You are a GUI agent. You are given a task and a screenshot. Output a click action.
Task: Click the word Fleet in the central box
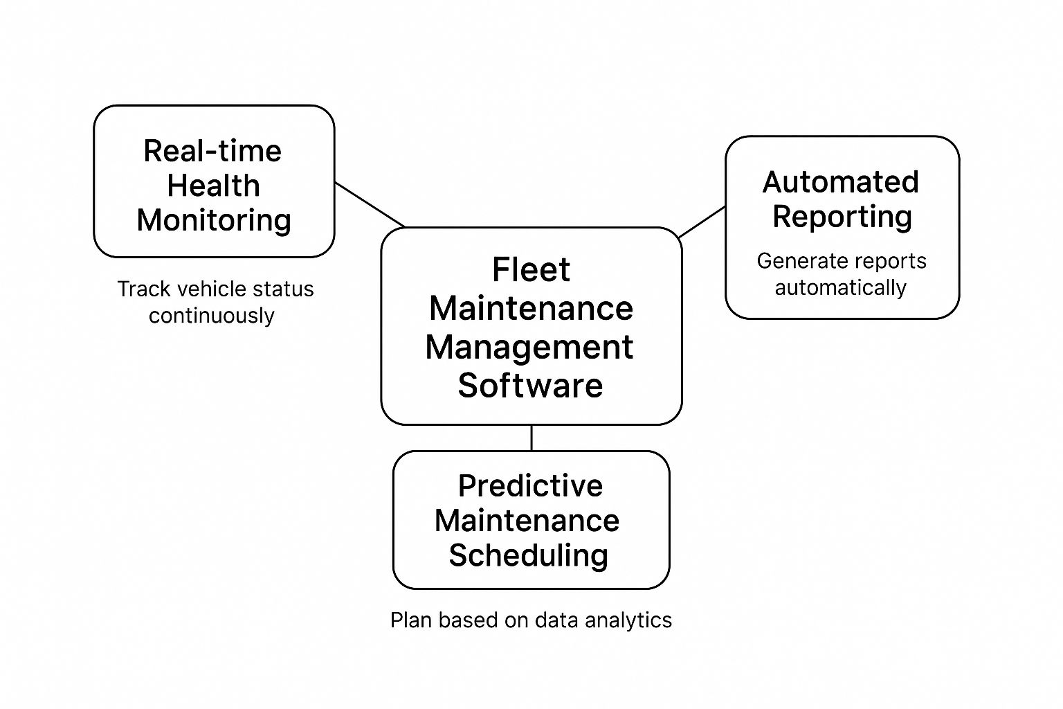point(531,269)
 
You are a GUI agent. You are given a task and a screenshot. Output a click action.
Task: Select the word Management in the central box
point(529,347)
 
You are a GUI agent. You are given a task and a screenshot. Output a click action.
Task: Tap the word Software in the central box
point(530,385)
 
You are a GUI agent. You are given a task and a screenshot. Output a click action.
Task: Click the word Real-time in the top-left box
point(212,151)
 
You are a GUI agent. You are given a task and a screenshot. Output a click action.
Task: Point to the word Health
point(213,186)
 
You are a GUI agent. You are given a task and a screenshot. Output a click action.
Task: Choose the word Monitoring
point(214,220)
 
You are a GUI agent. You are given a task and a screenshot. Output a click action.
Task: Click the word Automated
point(841,182)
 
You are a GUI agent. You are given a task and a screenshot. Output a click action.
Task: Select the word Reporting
point(842,217)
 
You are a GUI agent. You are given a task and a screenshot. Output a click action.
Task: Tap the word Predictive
point(530,486)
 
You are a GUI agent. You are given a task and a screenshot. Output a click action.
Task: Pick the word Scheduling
point(529,555)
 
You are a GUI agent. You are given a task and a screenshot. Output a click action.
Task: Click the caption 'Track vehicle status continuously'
point(215,302)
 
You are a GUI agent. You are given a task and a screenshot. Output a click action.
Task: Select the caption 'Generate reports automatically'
point(841,274)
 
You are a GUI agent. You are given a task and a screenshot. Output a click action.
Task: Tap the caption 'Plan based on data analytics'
point(531,620)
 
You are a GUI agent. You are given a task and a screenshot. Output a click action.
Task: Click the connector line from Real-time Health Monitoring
point(370,205)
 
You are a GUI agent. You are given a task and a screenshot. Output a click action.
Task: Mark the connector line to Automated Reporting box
point(702,222)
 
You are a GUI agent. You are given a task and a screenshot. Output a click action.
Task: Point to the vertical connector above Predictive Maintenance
point(531,438)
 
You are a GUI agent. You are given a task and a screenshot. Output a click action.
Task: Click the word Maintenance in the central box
point(531,308)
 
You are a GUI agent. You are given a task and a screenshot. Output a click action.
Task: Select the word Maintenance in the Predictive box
point(527,521)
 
